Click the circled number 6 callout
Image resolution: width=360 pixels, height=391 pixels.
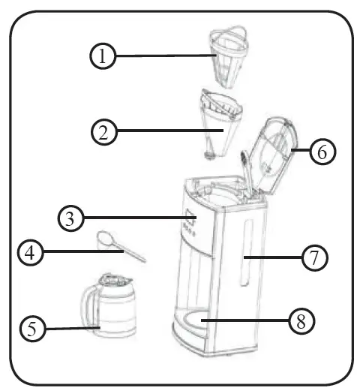point(321,151)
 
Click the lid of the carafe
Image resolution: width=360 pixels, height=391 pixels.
point(113,280)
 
